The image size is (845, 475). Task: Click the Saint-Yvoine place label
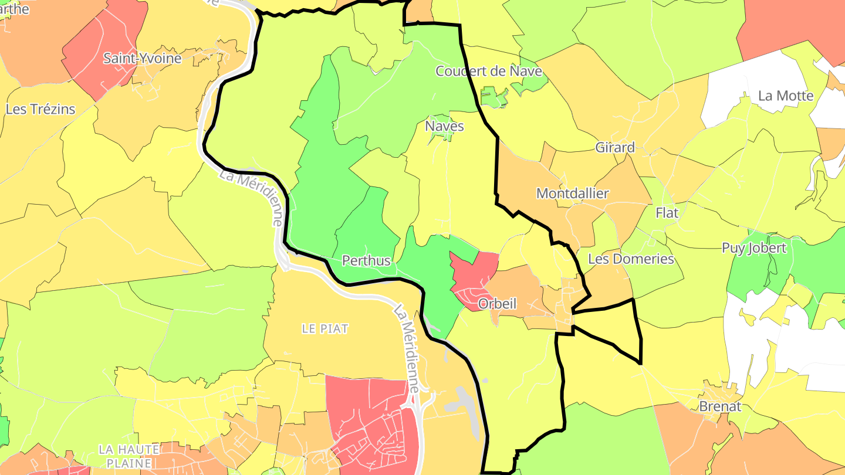click(x=142, y=58)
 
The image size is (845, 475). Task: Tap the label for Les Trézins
click(x=40, y=109)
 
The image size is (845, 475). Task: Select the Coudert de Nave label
click(x=488, y=72)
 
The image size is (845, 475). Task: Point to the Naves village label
click(x=444, y=127)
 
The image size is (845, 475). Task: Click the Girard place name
click(x=615, y=147)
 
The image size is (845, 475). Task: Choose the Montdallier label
click(x=573, y=194)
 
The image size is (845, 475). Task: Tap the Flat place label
click(x=667, y=213)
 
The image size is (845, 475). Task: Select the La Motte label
click(x=786, y=96)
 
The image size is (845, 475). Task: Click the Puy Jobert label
click(x=753, y=248)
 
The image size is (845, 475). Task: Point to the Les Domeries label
click(x=631, y=259)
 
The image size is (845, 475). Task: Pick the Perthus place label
click(x=366, y=260)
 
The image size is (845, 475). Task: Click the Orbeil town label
click(x=497, y=304)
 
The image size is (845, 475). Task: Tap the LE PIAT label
click(x=325, y=329)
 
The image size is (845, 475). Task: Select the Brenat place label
click(x=720, y=406)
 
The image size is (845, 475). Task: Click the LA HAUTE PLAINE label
click(x=129, y=456)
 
